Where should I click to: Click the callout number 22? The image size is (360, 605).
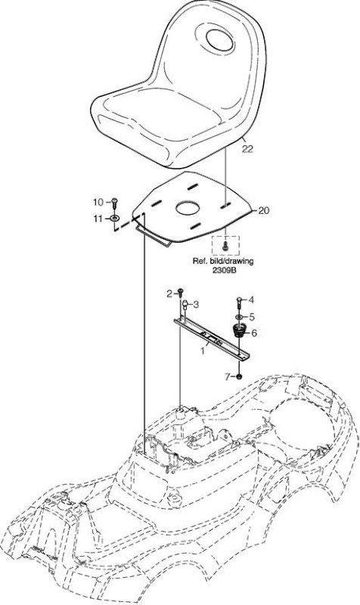[x=247, y=149]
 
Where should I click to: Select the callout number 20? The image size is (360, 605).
[x=263, y=210]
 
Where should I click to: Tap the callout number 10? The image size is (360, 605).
[x=98, y=202]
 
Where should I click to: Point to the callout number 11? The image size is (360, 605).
[x=98, y=219]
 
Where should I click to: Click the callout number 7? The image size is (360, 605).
[x=228, y=377]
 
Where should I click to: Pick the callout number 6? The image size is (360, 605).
[x=253, y=333]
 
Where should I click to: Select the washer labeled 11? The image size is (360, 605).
[x=115, y=219]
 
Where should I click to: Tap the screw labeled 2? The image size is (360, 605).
[x=180, y=293]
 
